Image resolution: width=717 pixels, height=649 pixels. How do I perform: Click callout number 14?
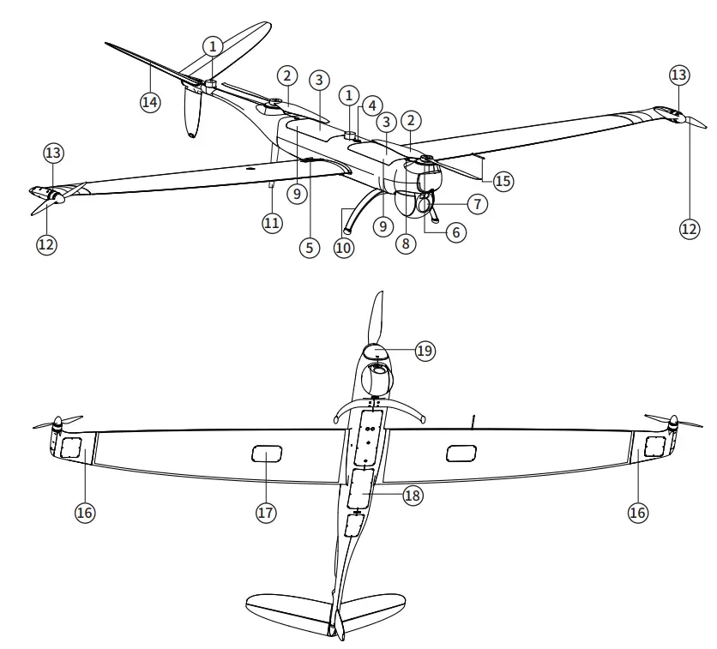[x=150, y=101]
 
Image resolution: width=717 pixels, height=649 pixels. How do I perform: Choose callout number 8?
[x=407, y=243]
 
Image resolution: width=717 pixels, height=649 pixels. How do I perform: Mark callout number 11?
[x=273, y=221]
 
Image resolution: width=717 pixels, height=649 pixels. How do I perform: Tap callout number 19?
[x=425, y=351]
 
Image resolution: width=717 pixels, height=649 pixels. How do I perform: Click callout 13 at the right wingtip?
[x=678, y=75]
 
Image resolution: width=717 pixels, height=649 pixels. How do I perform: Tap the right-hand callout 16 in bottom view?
[x=636, y=512]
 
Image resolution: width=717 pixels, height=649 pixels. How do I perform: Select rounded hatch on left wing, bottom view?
[x=267, y=454]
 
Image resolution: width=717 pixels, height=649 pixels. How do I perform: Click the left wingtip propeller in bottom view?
[x=57, y=424]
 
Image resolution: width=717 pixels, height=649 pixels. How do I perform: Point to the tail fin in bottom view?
[x=336, y=619]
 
